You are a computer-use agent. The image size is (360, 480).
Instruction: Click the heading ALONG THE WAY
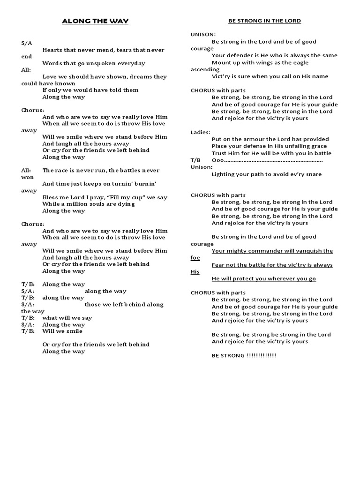pyautogui.click(x=96, y=21)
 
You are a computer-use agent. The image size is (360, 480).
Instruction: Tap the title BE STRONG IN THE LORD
pyautogui.click(x=264, y=21)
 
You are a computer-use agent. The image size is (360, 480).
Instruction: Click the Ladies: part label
pyautogui.click(x=201, y=132)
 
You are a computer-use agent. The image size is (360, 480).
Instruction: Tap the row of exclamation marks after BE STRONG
pyautogui.click(x=261, y=355)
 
